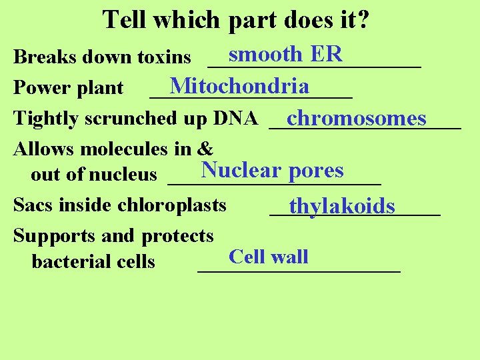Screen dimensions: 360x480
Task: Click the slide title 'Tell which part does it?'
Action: click(x=237, y=20)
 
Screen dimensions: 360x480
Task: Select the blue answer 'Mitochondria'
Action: click(x=239, y=86)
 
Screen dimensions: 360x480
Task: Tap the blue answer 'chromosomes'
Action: click(x=356, y=118)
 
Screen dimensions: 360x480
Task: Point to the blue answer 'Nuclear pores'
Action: click(x=272, y=171)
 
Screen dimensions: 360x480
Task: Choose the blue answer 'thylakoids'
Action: click(x=341, y=206)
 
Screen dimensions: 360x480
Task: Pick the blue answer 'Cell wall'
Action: click(x=268, y=257)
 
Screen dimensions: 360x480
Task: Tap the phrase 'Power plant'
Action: click(x=68, y=88)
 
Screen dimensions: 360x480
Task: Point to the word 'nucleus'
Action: click(x=123, y=175)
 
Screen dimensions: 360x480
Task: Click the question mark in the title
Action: click(x=363, y=20)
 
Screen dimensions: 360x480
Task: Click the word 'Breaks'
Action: click(x=41, y=57)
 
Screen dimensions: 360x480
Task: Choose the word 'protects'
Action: click(x=177, y=236)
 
